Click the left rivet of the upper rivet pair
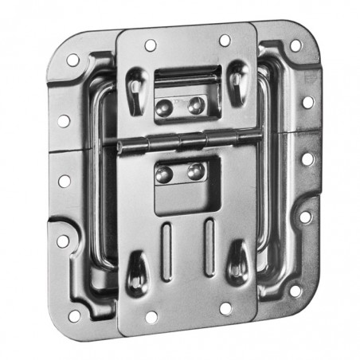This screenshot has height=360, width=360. click(165, 107)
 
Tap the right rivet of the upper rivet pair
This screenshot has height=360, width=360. click(194, 104)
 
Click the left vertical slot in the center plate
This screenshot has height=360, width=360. click(166, 251)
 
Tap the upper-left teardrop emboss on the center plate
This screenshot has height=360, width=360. click(136, 88)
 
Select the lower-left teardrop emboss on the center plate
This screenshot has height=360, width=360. click(136, 268)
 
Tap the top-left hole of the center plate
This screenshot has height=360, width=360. click(150, 46)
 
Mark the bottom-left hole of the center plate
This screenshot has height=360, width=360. click(151, 317)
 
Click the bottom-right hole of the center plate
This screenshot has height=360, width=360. click(225, 307)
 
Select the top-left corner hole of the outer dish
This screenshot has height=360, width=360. click(72, 60)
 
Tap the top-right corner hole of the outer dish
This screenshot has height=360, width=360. click(295, 45)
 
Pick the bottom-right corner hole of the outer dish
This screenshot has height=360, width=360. click(295, 291)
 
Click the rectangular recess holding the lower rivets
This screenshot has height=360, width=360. click(181, 185)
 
